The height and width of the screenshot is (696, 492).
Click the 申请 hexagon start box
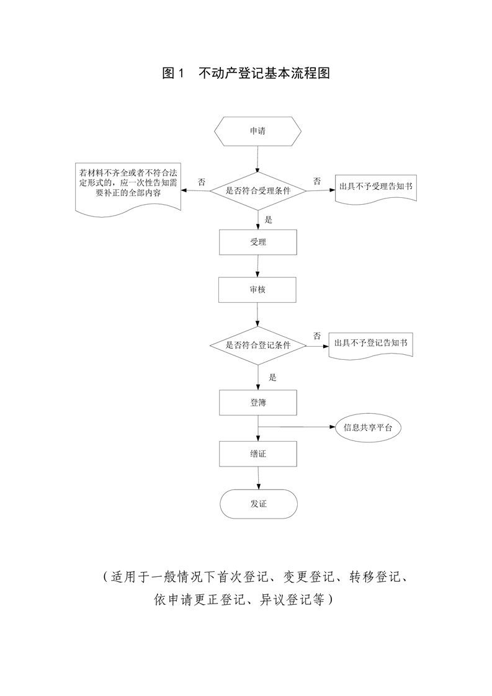257,131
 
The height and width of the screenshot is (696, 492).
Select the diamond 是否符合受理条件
257,191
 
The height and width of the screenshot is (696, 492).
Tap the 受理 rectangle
257,242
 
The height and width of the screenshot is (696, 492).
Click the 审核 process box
257,290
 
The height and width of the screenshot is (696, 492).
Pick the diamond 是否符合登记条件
257,345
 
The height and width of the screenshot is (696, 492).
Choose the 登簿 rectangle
257,403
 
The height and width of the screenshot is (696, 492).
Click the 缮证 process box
257,453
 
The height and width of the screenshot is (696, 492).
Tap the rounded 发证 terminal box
257,504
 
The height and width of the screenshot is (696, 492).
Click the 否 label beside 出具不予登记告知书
317,336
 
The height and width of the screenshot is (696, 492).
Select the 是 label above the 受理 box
269,219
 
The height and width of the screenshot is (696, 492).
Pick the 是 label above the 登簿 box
273,377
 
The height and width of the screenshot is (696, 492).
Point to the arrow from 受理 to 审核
258,266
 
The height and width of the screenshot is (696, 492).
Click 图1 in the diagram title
174,73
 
